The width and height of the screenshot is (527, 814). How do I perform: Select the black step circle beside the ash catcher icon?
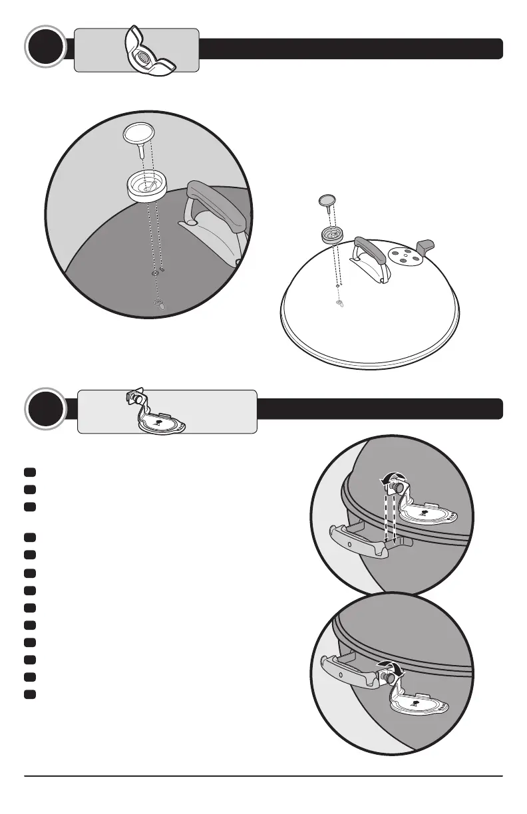click(45, 410)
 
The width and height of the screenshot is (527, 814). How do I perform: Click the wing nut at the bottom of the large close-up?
click(159, 305)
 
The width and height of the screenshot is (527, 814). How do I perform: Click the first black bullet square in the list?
click(30, 472)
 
